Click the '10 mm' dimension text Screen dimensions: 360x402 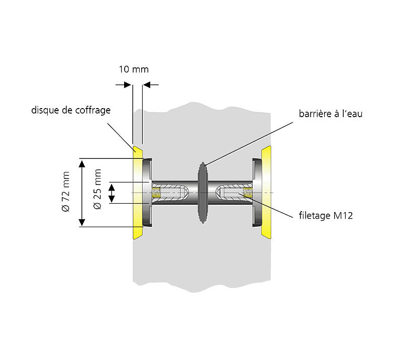(x=133, y=69)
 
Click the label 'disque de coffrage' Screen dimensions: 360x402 (x=71, y=110)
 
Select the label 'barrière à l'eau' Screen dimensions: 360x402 (x=329, y=114)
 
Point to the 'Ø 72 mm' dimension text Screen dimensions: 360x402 (x=66, y=193)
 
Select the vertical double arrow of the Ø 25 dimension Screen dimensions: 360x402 (x=113, y=193)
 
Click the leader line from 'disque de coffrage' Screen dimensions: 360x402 (x=121, y=132)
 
